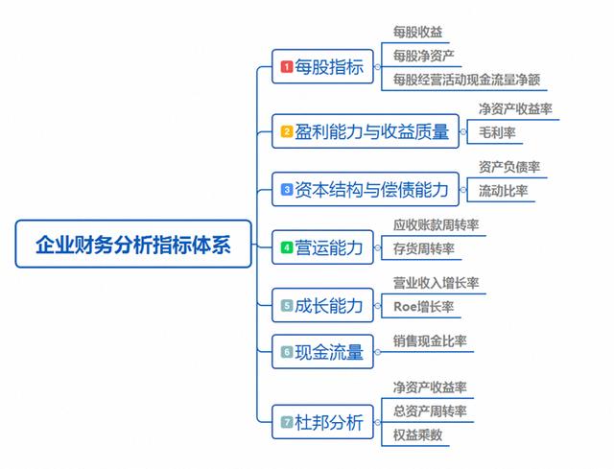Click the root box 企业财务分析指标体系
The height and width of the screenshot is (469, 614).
133,244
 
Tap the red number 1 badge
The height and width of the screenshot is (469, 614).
287,66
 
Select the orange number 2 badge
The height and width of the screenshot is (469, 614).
287,131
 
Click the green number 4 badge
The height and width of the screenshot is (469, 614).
287,247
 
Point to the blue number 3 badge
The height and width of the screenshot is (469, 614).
287,190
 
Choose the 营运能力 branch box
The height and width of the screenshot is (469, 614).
322,247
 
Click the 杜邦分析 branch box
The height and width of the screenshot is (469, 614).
322,422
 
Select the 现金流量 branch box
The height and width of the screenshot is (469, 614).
322,352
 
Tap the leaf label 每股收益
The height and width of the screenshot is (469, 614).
418,32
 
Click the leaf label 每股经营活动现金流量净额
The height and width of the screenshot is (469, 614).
467,80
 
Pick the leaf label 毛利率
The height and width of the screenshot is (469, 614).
497,132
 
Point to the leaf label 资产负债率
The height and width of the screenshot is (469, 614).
509,167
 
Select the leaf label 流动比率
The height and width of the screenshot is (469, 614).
503,191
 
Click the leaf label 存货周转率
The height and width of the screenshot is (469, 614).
424,248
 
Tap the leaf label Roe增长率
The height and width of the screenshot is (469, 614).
424,307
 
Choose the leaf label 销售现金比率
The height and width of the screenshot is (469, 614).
430,341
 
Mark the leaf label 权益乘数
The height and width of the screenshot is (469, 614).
418,434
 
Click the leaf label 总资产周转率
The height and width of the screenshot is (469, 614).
430,411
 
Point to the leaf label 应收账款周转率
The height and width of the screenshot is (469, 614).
437,225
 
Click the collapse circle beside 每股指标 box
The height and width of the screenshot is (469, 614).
377,67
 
